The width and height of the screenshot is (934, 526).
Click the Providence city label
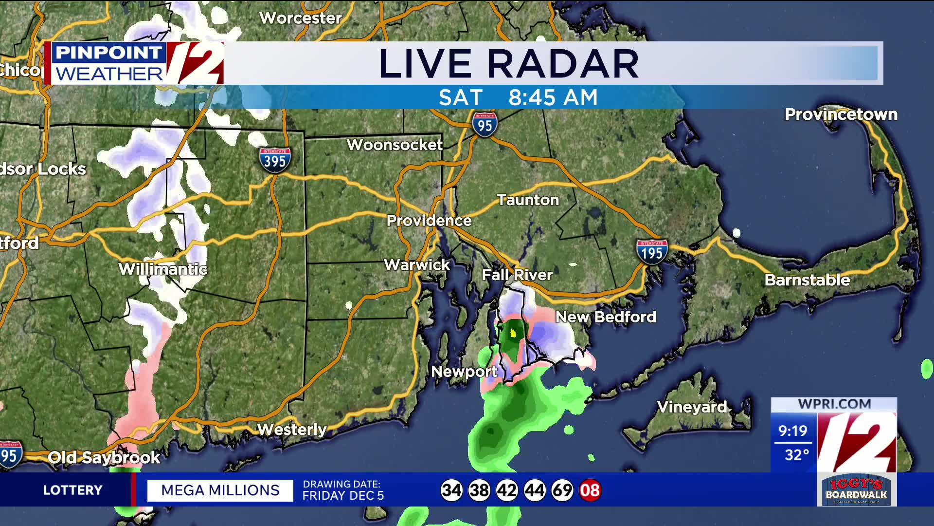(x=429, y=221)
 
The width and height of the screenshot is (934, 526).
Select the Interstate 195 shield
(x=652, y=252)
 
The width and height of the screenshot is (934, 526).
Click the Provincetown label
(x=841, y=114)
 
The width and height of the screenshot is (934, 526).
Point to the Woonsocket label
(x=395, y=145)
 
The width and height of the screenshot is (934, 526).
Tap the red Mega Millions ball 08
(x=590, y=490)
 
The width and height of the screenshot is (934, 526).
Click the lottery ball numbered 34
(x=451, y=490)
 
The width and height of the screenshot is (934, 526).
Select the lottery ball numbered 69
(x=562, y=490)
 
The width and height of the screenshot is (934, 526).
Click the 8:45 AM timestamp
(x=553, y=97)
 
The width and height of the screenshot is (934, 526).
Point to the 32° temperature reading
(x=796, y=455)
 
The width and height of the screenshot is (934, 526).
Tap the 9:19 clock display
(x=792, y=431)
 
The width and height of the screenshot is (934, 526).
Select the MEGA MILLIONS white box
(x=220, y=490)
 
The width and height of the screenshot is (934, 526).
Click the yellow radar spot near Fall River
(x=513, y=334)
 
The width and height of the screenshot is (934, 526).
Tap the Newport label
(x=464, y=372)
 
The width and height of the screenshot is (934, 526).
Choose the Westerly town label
(x=291, y=430)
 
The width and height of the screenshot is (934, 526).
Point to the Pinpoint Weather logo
(x=134, y=63)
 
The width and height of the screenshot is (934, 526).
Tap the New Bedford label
(x=606, y=317)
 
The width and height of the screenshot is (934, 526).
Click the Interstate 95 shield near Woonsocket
(x=485, y=125)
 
